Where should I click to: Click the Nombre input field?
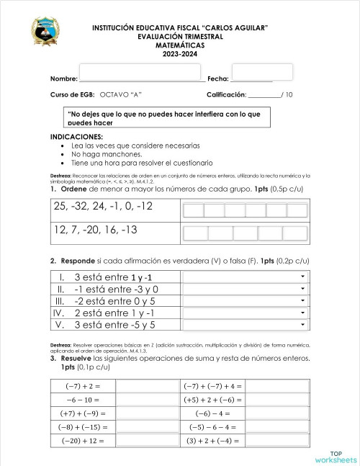coord(141,72)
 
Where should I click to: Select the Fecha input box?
coord(271,71)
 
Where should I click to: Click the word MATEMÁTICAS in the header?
coord(180,45)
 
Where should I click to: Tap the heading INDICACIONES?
coord(76,136)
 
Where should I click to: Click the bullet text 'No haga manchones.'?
coord(107,153)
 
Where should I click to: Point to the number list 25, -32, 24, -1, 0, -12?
coord(103,207)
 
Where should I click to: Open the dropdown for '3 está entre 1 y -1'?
coord(246,277)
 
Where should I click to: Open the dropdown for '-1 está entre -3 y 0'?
coord(246,289)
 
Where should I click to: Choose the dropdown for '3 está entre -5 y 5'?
coord(246,325)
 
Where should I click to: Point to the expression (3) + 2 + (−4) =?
coord(215,440)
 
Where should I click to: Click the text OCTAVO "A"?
coord(120,95)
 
